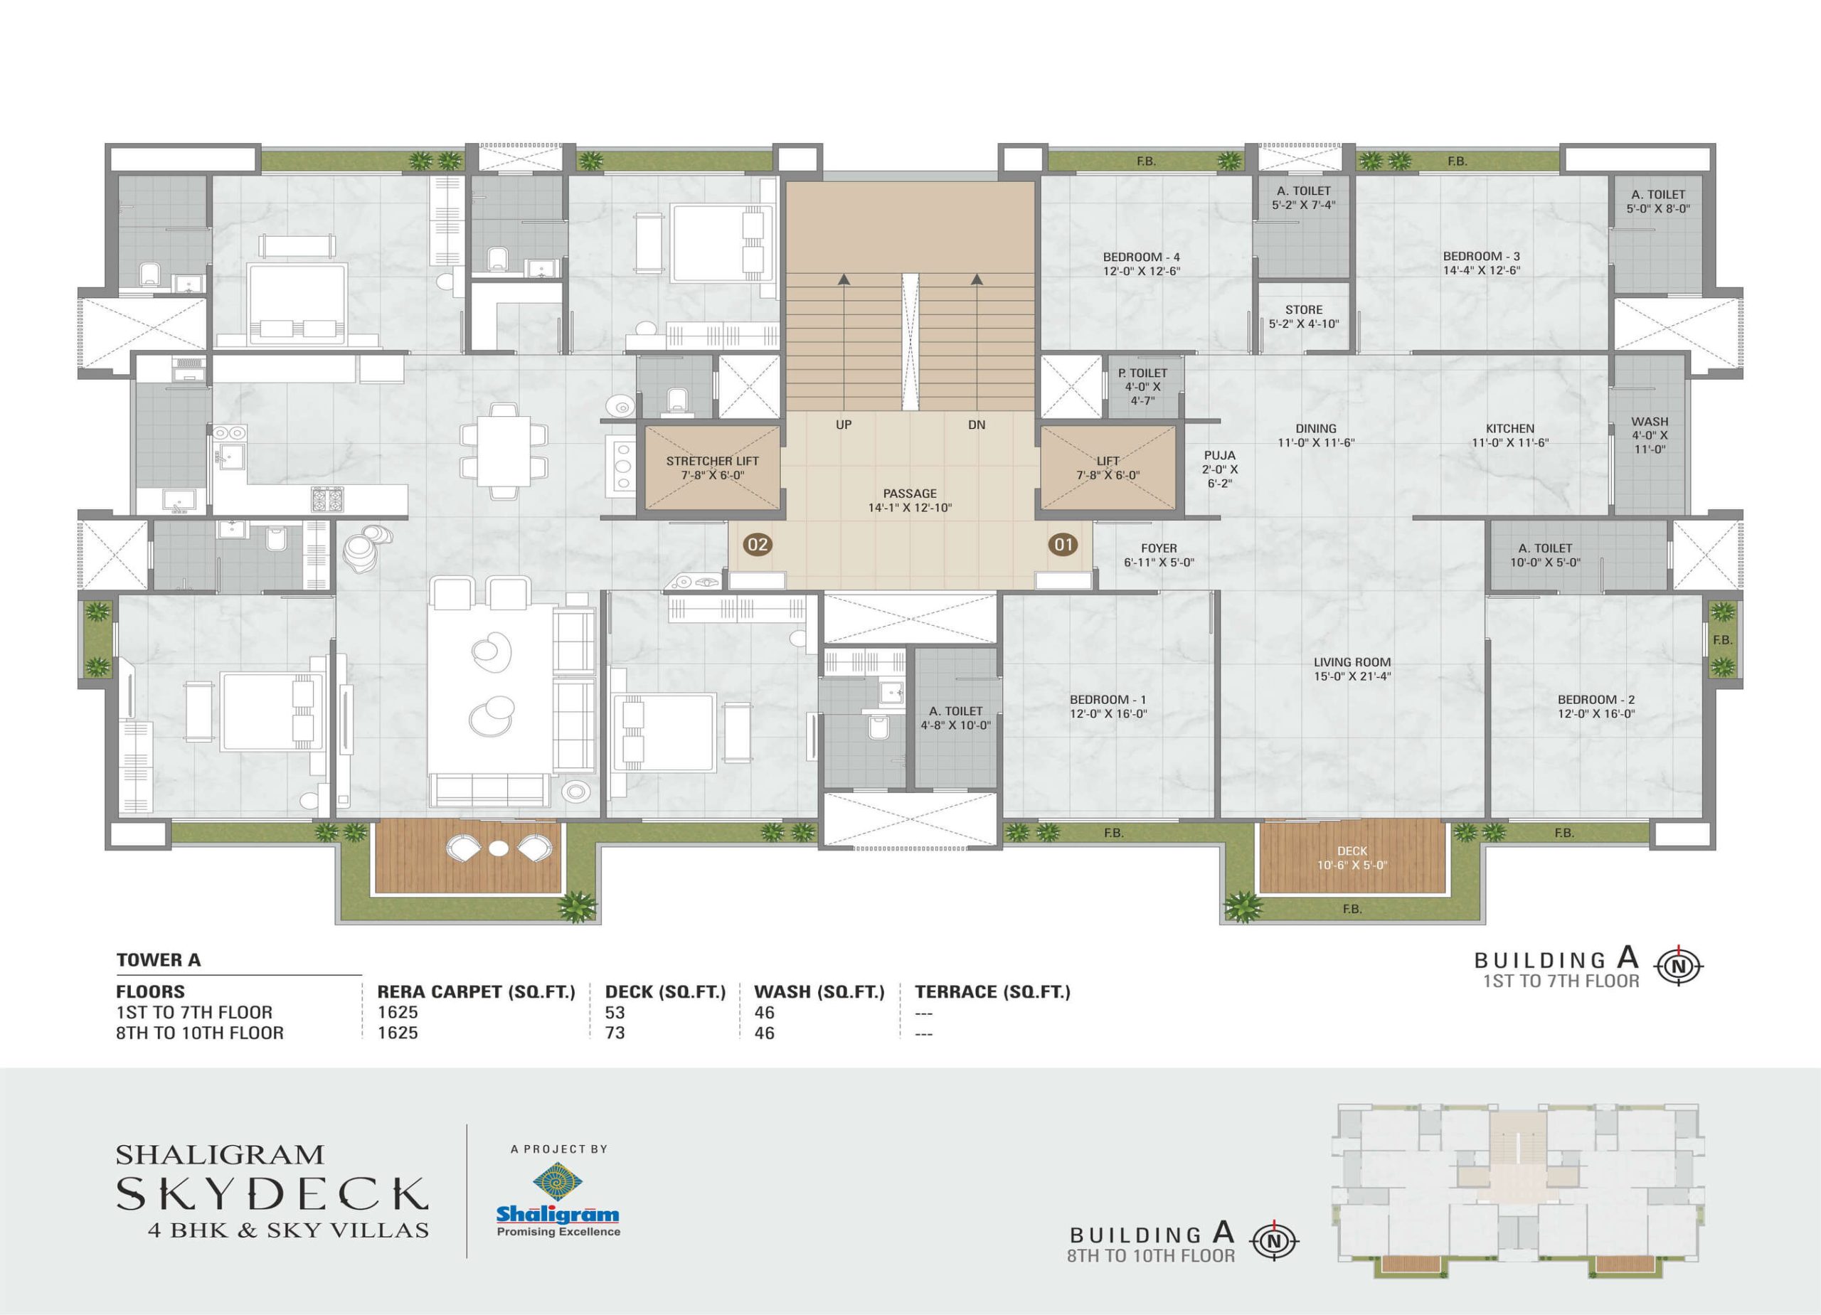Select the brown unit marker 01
[x=1063, y=545]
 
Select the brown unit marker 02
[x=757, y=545]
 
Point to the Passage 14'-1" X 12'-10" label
[x=910, y=501]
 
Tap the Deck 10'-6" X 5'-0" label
[x=1352, y=858]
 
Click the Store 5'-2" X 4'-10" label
[x=1304, y=317]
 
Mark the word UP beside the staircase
[x=843, y=425]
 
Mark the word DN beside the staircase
[x=977, y=425]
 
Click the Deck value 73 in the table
[x=615, y=1033]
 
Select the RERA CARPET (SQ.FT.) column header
[x=476, y=991]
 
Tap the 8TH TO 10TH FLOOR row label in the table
[x=200, y=1033]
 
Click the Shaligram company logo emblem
[x=557, y=1183]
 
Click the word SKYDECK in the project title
[x=272, y=1194]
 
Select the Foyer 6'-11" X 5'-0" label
[x=1159, y=555]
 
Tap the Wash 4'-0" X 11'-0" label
[x=1650, y=435]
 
